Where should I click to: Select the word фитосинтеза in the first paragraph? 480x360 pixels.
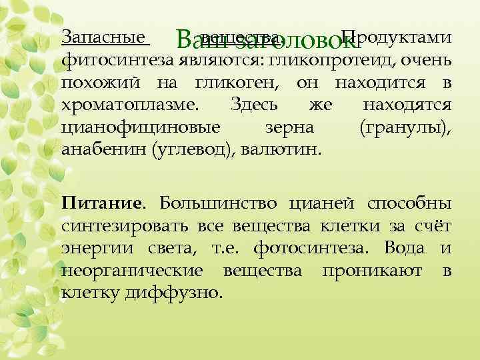[117, 61]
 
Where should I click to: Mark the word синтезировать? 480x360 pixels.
[125, 227]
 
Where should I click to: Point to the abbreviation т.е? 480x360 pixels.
[229, 249]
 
